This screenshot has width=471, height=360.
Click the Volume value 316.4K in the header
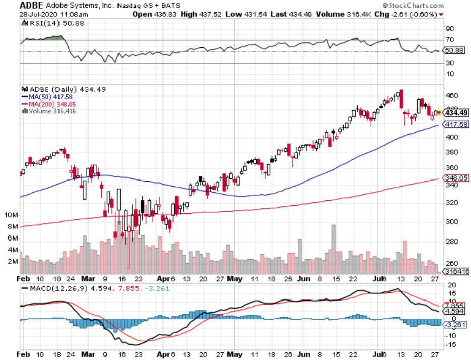point(344,14)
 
